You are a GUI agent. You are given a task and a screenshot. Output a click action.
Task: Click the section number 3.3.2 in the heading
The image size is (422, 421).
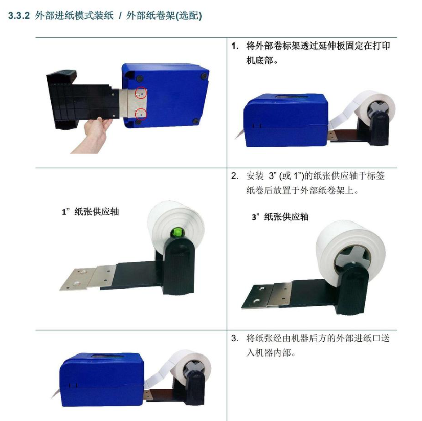[18, 16]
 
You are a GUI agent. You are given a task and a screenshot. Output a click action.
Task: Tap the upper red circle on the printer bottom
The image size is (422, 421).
[141, 93]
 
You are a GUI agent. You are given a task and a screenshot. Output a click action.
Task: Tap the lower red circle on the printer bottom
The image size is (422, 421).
[141, 114]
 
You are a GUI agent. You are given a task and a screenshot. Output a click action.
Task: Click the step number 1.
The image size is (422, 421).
[235, 47]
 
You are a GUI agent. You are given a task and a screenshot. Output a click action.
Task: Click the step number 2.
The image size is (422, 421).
[235, 176]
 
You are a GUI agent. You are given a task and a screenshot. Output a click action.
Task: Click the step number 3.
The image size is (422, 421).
[235, 338]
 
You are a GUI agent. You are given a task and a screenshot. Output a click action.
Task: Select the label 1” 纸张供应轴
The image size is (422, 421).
[91, 212]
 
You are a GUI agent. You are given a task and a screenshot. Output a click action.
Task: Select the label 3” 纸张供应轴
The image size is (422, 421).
[280, 217]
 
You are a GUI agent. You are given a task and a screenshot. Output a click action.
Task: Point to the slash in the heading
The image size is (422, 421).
[120, 16]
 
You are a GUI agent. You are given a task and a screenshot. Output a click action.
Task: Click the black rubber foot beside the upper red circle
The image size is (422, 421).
[140, 79]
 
